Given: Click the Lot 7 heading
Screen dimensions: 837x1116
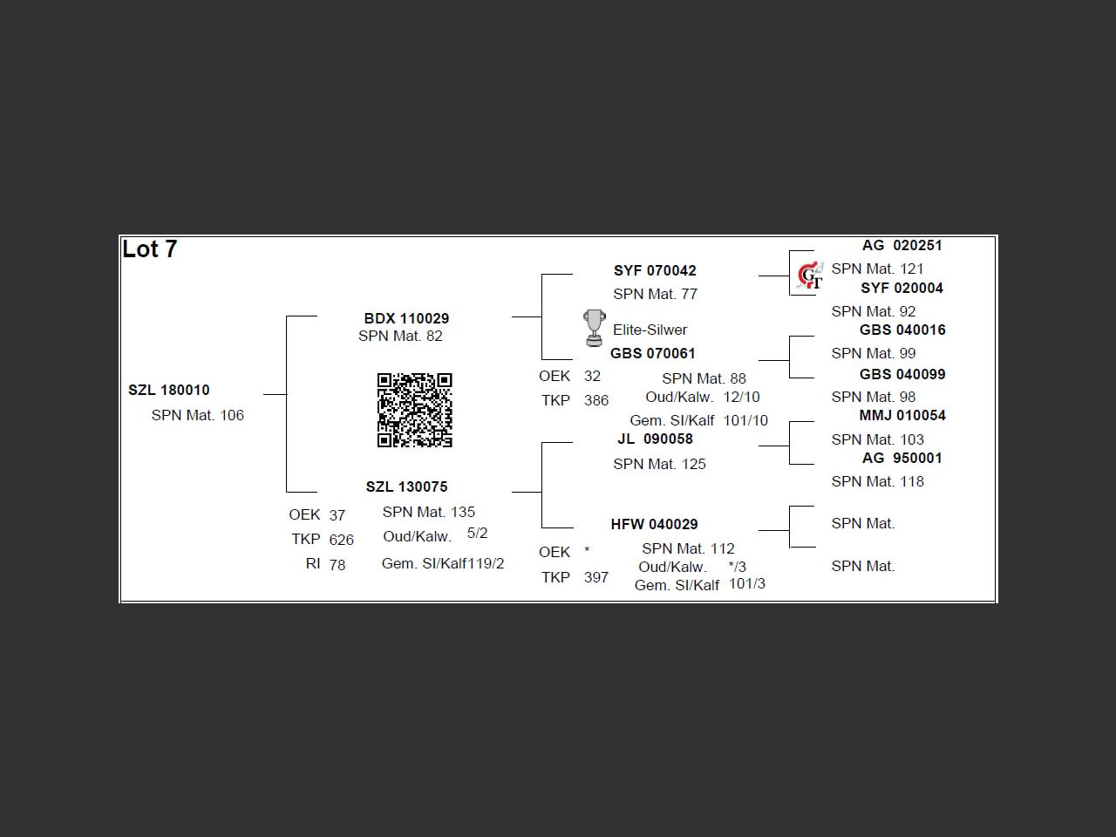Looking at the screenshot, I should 150,249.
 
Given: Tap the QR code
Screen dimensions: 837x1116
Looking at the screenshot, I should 415,410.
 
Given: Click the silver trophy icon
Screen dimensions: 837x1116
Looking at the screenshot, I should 594,328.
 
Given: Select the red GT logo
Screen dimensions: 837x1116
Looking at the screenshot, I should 809,276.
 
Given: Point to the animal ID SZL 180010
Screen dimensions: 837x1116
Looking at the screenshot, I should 169,390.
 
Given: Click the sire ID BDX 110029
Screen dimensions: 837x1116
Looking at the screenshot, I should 406,318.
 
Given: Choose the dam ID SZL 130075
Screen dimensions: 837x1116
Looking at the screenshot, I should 406,487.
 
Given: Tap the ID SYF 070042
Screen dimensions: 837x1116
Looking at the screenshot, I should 655,270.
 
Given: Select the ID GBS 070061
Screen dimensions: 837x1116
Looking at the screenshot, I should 653,353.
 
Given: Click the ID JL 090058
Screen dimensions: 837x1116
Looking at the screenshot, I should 655,439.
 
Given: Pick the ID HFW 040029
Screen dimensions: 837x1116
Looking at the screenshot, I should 654,524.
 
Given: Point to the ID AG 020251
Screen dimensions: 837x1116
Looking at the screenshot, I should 902,245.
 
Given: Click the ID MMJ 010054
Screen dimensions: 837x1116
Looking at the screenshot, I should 902,415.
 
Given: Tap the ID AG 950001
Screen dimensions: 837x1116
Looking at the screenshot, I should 902,458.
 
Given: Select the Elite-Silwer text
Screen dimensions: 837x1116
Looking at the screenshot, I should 650,330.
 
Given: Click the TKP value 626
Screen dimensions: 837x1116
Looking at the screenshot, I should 342,540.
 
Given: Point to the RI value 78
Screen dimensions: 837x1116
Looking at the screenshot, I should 337,565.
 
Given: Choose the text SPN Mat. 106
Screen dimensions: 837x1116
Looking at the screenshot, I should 198,415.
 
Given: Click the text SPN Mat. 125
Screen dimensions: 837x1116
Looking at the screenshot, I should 659,464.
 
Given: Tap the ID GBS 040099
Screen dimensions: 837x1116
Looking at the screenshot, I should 902,374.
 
